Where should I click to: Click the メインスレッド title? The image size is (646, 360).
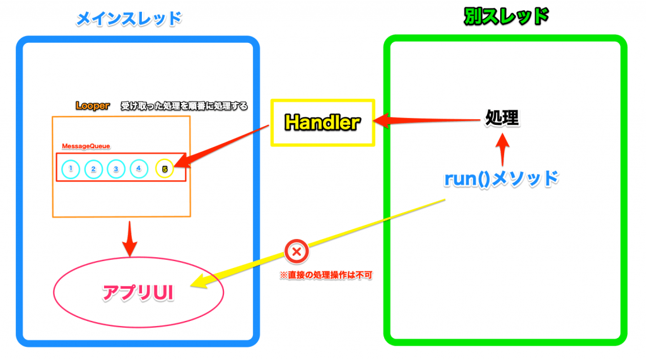[x=129, y=19]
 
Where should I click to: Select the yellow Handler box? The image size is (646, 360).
[x=322, y=122]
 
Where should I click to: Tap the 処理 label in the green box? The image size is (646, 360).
[x=502, y=118]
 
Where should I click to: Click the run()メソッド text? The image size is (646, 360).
[x=502, y=178]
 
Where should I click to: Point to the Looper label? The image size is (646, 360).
[x=92, y=106]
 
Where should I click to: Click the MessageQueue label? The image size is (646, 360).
[x=86, y=146]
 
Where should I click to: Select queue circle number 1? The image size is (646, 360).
[x=71, y=169]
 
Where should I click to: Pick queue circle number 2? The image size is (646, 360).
[x=93, y=169]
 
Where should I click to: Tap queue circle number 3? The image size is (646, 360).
[x=116, y=169]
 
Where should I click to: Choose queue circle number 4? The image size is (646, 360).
[x=139, y=169]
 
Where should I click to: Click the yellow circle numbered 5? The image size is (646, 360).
[x=165, y=169]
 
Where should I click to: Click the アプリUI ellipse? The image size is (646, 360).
[x=139, y=293]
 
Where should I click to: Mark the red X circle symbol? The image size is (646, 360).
[x=296, y=252]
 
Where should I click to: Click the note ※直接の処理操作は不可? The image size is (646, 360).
[x=322, y=275]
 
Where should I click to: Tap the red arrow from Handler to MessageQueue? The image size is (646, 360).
[x=221, y=147]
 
